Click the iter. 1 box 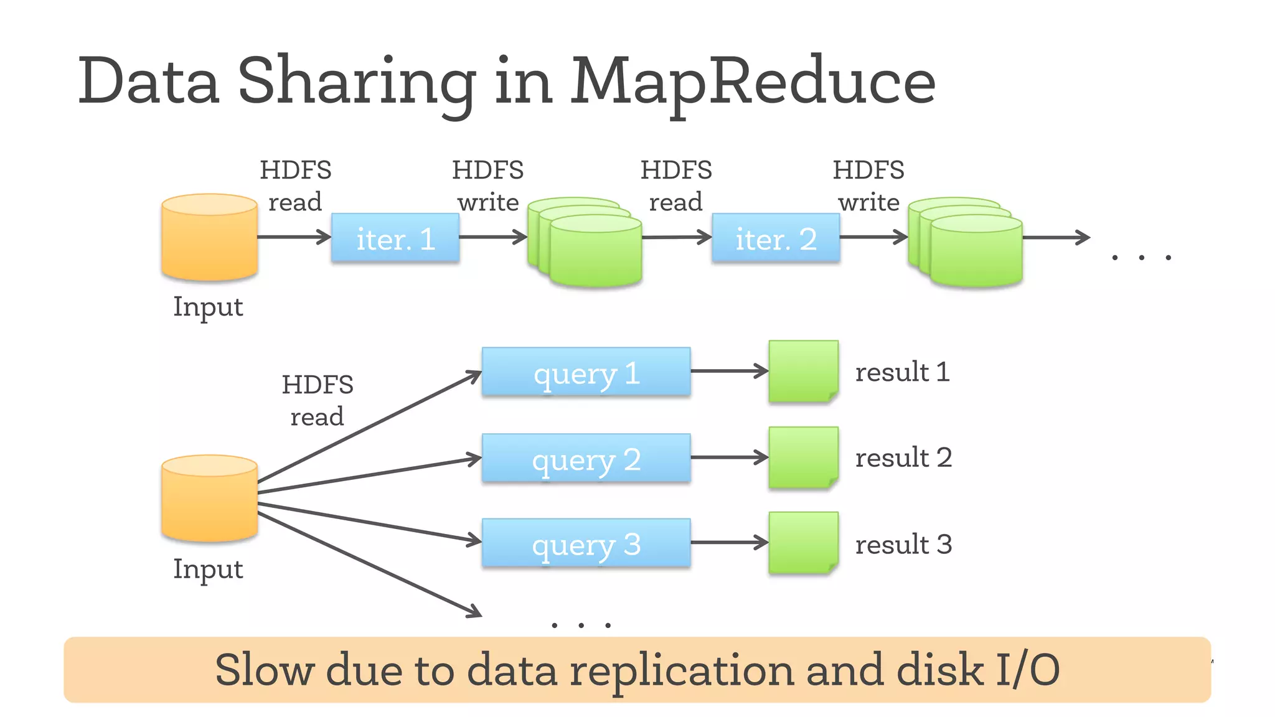coord(395,238)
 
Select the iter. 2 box coord(776,238)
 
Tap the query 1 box coord(586,372)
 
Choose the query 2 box coord(586,458)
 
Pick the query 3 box coord(586,543)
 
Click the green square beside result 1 coord(803,371)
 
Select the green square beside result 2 coord(803,457)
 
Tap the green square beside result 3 coord(803,542)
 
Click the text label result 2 coord(903,457)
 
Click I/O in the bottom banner coord(1027,671)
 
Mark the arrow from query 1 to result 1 coord(729,371)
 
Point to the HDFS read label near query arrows coord(317,400)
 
